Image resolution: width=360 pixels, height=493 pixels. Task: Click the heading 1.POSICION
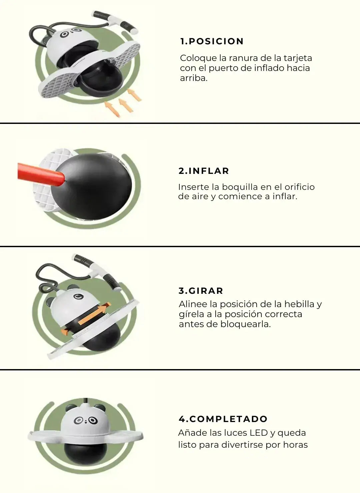click(x=212, y=41)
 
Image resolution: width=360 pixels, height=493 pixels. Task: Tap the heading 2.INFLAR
click(x=204, y=171)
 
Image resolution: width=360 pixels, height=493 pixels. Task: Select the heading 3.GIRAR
click(x=201, y=291)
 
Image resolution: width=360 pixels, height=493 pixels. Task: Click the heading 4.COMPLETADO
click(x=223, y=419)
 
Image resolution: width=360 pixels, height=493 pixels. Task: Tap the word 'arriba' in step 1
click(x=193, y=79)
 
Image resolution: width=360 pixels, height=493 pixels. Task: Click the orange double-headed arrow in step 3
click(x=86, y=318)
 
